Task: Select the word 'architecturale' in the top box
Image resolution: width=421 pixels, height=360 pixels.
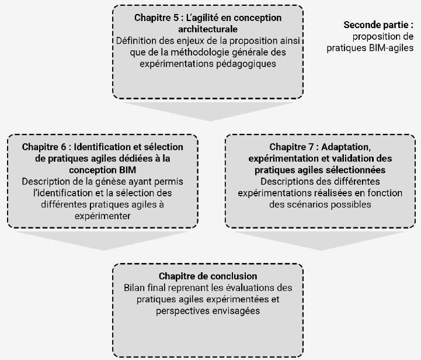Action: click(x=208, y=29)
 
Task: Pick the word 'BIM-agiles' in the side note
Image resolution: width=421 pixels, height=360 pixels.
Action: click(x=392, y=49)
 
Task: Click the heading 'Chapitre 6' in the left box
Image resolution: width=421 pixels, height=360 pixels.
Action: click(x=47, y=146)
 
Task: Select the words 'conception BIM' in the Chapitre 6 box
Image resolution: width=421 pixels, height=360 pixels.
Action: click(x=103, y=169)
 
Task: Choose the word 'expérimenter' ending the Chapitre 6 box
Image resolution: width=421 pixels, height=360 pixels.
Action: click(x=103, y=216)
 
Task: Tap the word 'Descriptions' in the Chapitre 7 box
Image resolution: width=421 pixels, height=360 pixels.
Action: click(x=281, y=181)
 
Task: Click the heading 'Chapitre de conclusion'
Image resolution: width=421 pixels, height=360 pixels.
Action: click(x=208, y=276)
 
